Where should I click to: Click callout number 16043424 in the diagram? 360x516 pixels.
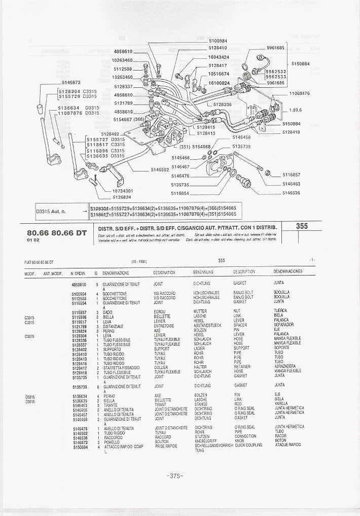pos(219,57)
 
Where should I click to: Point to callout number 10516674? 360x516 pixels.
pos(219,74)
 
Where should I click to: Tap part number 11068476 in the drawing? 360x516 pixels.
pos(299,93)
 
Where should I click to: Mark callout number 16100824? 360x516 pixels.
pos(219,83)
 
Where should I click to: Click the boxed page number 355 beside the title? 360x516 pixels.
pos(302,227)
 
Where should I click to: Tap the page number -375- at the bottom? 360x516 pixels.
pos(173,475)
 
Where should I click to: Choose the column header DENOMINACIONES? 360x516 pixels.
pos(287,271)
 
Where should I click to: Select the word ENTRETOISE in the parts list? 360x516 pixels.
pos(163,326)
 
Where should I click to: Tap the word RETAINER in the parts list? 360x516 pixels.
pos(242,367)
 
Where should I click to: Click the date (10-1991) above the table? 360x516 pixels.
pos(138,261)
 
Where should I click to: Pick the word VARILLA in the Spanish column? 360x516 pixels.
pos(281,404)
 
